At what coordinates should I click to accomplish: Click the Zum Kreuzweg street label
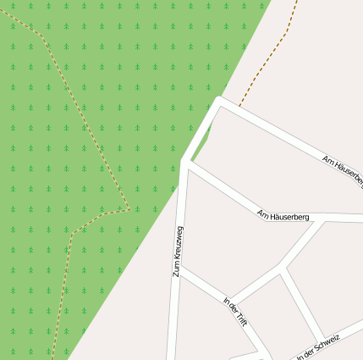pos(178,252)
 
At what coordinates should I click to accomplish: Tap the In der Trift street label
pos(234,311)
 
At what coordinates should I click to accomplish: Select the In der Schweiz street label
pos(318,347)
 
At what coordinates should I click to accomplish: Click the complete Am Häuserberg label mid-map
pos(283,215)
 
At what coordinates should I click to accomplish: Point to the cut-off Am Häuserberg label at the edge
pos(343,169)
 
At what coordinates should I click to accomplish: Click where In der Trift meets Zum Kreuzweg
pos(179,270)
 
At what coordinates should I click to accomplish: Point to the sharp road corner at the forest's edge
pos(219,101)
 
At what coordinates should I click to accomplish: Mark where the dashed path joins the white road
pos(239,108)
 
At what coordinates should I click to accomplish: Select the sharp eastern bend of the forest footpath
pos(128,208)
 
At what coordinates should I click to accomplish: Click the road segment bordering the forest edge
pos(201,131)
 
